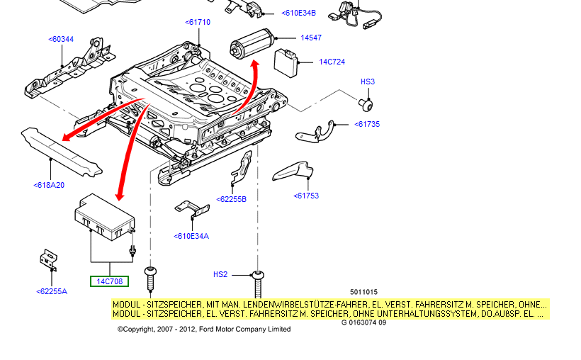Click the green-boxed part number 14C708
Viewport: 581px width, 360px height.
coord(110,281)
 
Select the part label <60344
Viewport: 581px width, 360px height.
coord(61,39)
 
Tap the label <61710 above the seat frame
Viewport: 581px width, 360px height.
coord(198,22)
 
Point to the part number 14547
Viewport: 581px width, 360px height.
coord(311,38)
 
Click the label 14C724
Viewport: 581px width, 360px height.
coord(332,62)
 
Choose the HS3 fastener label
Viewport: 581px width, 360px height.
coord(368,81)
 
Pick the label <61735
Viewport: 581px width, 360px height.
coord(367,124)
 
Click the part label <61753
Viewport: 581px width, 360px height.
coord(307,196)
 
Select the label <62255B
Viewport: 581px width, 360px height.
coord(232,199)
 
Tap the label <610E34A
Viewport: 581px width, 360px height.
coord(191,236)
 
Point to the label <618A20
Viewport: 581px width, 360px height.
coord(49,185)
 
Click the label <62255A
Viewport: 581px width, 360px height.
coord(52,291)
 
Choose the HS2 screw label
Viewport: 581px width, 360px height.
coord(220,274)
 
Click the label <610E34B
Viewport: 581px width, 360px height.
coord(299,13)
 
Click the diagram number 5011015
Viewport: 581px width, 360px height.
coord(363,292)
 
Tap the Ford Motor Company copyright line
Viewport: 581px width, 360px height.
coord(204,329)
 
